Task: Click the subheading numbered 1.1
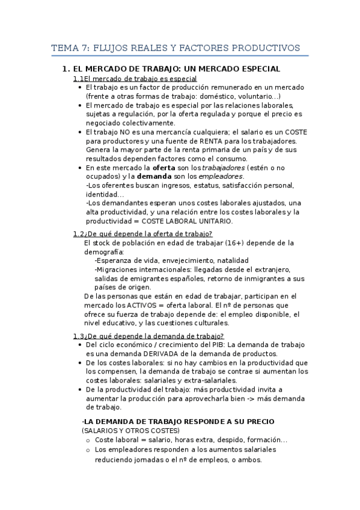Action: click(x=135, y=79)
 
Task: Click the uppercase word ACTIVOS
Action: click(x=142, y=305)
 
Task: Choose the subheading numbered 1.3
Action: click(x=148, y=336)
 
